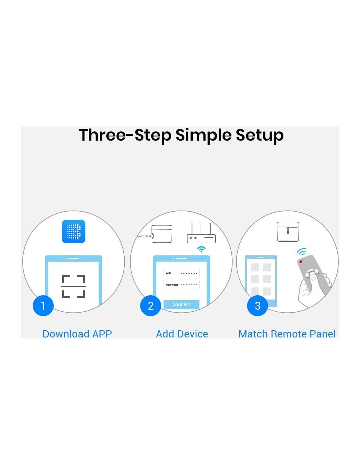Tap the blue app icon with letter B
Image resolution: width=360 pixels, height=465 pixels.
(73, 231)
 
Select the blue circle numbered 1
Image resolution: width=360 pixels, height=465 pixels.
(43, 305)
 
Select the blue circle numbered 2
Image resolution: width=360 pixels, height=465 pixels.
(151, 305)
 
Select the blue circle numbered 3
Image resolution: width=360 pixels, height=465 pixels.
(258, 305)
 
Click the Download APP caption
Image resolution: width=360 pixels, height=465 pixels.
(77, 334)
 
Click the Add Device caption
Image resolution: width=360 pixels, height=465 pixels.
(182, 334)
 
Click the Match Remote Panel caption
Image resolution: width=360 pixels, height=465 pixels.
(287, 334)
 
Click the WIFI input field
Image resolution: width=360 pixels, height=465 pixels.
(181, 273)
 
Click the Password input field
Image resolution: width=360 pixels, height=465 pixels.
(181, 285)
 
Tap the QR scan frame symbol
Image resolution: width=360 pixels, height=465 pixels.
(73, 286)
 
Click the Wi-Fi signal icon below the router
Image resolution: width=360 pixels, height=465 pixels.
(201, 249)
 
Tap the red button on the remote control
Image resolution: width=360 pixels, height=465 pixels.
(301, 262)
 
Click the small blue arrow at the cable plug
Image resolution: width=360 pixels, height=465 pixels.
(150, 236)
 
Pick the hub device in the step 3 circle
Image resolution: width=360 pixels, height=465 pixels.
(288, 232)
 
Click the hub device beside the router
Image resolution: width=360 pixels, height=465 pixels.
(162, 234)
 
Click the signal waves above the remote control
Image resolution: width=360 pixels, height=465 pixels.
(302, 252)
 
